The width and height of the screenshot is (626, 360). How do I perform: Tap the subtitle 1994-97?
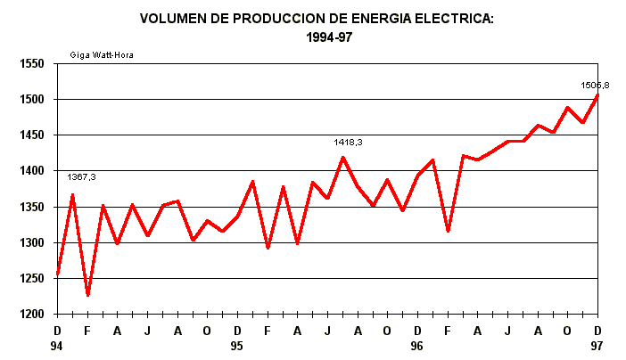click(x=317, y=38)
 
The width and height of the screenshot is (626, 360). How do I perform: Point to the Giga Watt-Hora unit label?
click(x=102, y=55)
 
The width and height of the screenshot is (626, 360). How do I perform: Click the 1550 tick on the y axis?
click(x=32, y=64)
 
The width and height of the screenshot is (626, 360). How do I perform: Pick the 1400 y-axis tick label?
click(x=32, y=171)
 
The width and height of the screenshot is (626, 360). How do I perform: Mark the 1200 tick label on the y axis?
click(x=32, y=315)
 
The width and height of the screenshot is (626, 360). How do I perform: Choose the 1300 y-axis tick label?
click(x=32, y=243)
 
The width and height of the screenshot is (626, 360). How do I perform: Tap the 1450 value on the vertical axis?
click(x=32, y=135)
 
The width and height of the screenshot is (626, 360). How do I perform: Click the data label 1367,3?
click(x=81, y=177)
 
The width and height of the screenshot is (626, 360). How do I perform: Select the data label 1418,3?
click(x=349, y=142)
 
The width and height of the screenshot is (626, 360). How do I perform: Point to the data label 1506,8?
click(x=595, y=86)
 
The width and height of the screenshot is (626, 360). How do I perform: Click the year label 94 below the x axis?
click(x=58, y=345)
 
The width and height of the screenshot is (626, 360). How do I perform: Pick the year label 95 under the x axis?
click(x=237, y=345)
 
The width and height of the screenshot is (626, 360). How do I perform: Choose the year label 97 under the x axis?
click(x=597, y=345)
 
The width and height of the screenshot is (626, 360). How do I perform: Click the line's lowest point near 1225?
click(x=87, y=295)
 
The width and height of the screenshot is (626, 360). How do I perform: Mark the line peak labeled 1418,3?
click(x=342, y=158)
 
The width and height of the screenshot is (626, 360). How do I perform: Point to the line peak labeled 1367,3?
click(x=72, y=194)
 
